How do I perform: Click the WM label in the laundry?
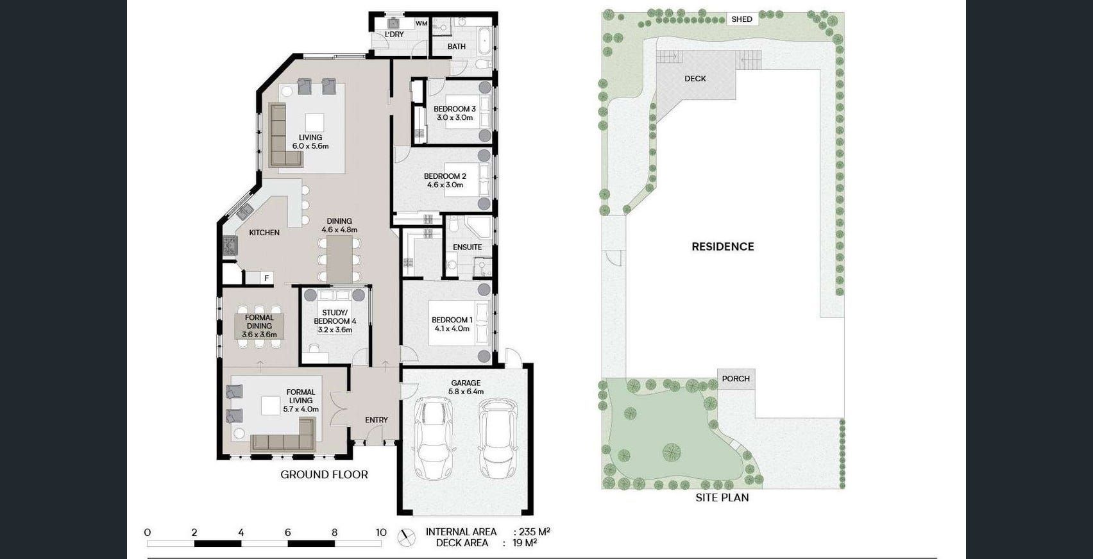(x=421, y=24)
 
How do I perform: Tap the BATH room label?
(x=456, y=46)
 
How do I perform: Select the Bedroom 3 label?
(x=455, y=113)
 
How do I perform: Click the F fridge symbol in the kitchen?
(x=266, y=278)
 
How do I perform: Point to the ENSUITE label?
(x=467, y=247)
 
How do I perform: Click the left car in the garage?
(x=433, y=438)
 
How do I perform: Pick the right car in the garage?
(x=497, y=438)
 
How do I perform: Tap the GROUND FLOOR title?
(x=324, y=474)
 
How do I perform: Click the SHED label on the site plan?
(x=741, y=19)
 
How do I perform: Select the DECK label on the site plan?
(x=695, y=79)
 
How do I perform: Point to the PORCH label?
(x=736, y=378)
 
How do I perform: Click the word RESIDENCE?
(x=723, y=247)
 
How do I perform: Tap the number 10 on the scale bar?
(x=381, y=533)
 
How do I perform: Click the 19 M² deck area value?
(x=525, y=543)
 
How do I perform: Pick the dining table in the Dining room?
(x=339, y=259)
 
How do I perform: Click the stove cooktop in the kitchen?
(x=230, y=246)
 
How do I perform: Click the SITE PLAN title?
(x=722, y=497)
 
